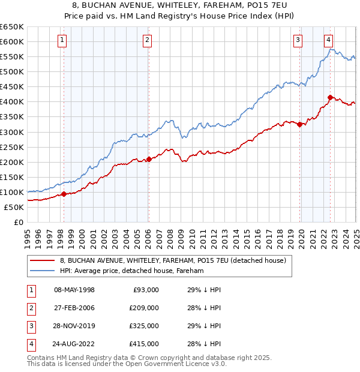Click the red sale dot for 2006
pos(149,159)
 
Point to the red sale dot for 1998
pos(64,194)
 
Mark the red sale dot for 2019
pos(299,124)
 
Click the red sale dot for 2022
pos(330,97)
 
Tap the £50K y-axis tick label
pos(14,207)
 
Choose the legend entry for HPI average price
pos(132,271)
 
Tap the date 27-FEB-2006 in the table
pos(74,308)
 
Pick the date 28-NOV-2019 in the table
pos(74,326)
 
